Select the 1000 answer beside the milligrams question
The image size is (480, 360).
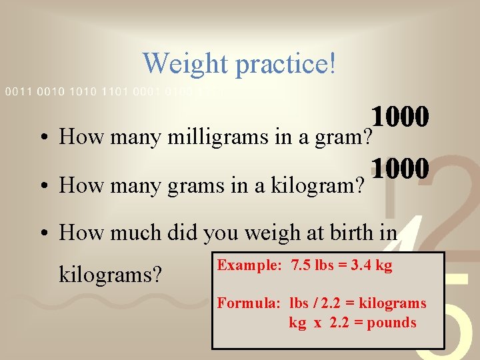[400, 117]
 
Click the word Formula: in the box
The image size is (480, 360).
[250, 303]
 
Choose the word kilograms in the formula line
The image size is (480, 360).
[393, 303]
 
